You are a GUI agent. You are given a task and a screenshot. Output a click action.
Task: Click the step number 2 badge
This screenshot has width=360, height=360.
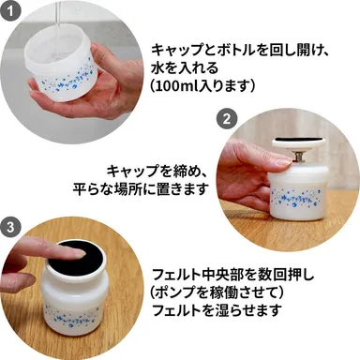pos(225,119)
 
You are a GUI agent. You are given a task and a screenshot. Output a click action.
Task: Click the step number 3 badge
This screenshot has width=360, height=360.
pos(10,228)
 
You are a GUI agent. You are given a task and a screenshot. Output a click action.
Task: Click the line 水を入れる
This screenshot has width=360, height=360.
pos(183,66)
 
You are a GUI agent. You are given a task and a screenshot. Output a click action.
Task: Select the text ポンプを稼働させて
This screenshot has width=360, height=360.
pos(216,293)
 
